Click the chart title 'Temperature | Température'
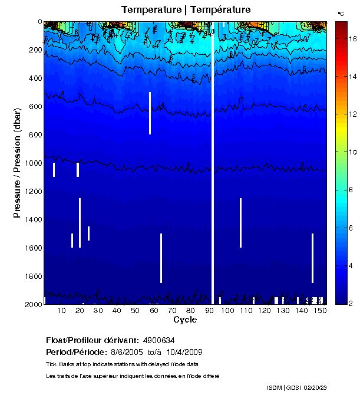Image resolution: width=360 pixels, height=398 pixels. pos(186,10)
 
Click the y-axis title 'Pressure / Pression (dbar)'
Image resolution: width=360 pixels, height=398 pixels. pos(17,163)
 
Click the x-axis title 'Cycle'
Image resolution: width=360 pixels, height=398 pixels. pos(185,320)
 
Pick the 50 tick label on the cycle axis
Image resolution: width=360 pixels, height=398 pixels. pos(135,311)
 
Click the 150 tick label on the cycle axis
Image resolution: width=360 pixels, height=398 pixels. pos(320,311)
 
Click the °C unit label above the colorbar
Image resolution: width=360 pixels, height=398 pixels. pos(341,13)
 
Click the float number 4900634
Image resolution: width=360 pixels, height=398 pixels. pos(158,340)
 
